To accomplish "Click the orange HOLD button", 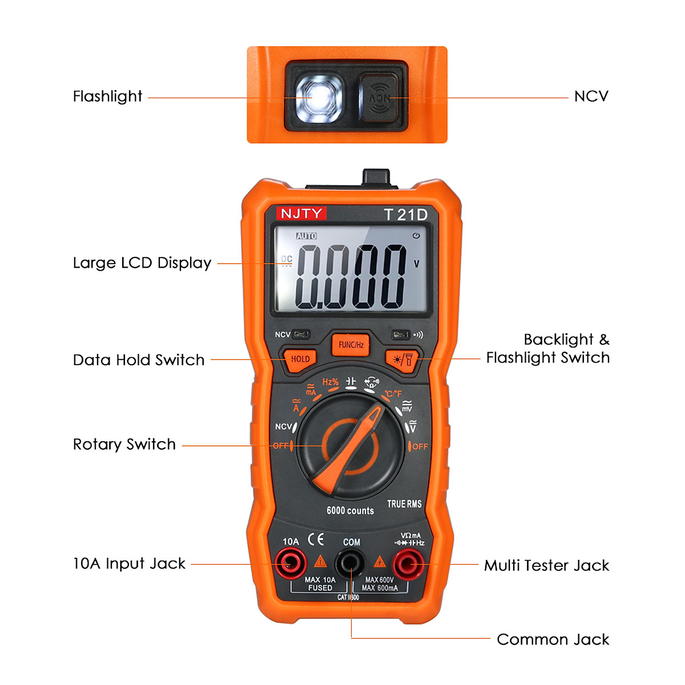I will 300,359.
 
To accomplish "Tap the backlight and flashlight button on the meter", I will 403,360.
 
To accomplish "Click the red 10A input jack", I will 290,565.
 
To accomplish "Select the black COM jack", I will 350,565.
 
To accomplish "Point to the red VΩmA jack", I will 409,565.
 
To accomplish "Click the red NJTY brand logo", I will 301,213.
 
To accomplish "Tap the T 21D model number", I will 405,215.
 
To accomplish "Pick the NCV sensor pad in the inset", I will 379,98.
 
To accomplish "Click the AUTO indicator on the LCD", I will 307,236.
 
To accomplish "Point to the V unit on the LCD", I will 417,264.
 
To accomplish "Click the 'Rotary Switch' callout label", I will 124,444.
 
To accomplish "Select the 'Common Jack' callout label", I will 553,639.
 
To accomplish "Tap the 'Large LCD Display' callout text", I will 142,263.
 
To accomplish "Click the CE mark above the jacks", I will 316,539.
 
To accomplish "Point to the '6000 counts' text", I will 350,510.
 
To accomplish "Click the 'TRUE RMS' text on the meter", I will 404,503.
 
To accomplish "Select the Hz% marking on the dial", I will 331,382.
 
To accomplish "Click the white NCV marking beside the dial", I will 284,426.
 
